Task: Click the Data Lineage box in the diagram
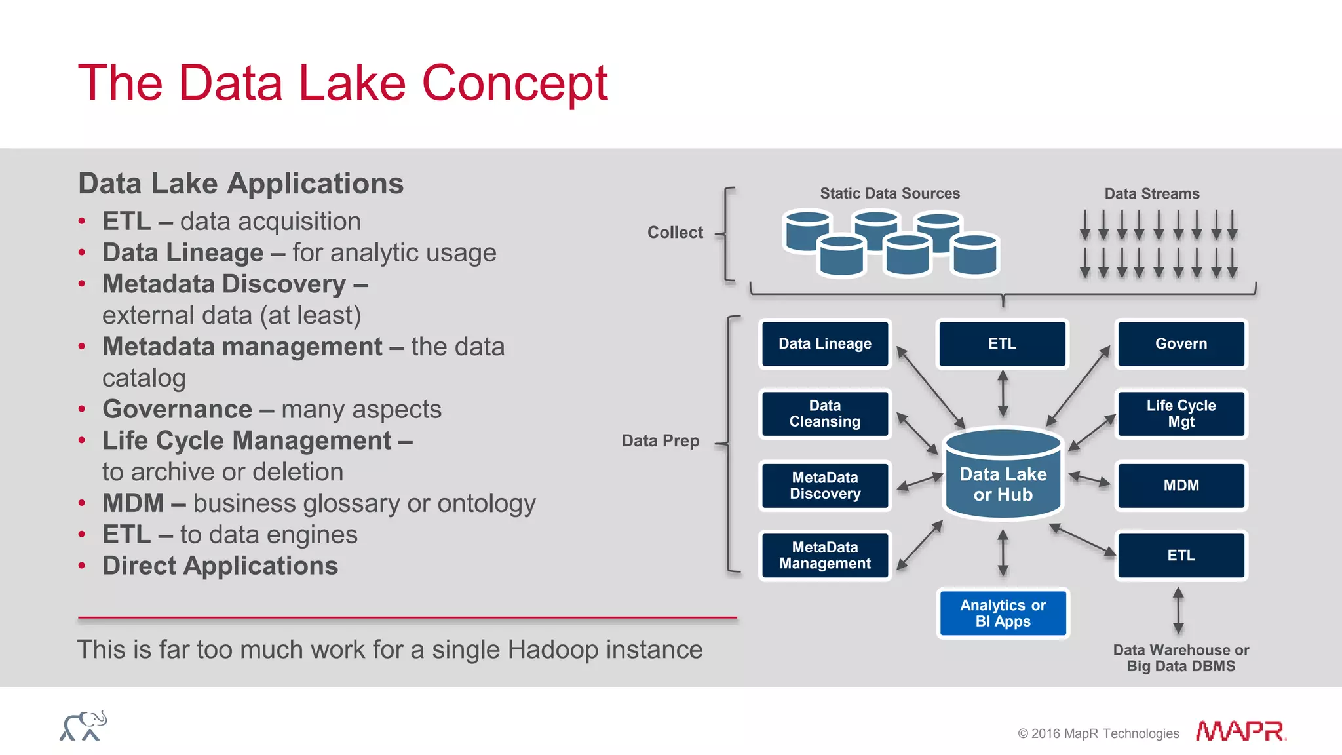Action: click(824, 344)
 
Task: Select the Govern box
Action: click(1181, 344)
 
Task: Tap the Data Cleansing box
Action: click(824, 414)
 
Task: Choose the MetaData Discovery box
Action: click(824, 486)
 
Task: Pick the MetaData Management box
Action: click(824, 555)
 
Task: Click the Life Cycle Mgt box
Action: click(1181, 414)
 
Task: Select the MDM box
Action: click(1181, 486)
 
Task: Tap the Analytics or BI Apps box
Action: click(1003, 613)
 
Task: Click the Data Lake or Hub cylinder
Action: click(1003, 478)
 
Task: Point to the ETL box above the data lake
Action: click(1002, 344)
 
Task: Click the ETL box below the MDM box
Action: click(1181, 556)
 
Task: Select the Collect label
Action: click(675, 233)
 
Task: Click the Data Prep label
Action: click(660, 441)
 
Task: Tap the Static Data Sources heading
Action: click(890, 194)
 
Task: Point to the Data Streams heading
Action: click(1152, 194)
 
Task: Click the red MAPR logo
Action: click(1240, 731)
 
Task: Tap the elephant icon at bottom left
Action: click(83, 726)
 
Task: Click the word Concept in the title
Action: click(515, 83)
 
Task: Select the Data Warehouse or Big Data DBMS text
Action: click(1181, 658)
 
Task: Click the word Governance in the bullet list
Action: click(178, 410)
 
